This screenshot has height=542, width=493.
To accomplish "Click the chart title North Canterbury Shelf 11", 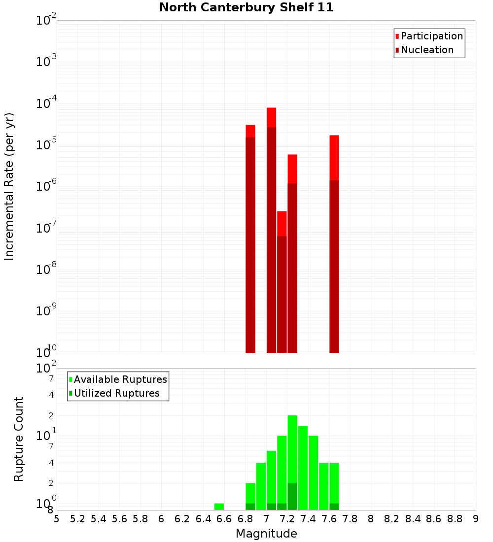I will coord(246,8).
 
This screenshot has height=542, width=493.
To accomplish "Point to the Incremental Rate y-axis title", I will coord(9,186).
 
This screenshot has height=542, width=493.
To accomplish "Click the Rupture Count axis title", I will coord(19,439).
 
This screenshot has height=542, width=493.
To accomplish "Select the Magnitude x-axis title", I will coord(266,534).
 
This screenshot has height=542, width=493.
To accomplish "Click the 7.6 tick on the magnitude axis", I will coord(329,519).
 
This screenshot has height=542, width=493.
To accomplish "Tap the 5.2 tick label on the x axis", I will coord(78,519).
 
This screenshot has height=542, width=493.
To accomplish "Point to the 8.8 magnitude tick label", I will coord(455,519).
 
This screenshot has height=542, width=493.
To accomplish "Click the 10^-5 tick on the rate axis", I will coord(47,145).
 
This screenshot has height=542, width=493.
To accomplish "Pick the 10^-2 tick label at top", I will coord(47,21).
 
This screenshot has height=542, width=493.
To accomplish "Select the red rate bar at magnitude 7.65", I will coord(334,246).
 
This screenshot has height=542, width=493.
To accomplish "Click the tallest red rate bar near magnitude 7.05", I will coord(271,232).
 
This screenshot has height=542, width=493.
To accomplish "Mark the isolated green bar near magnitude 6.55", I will coord(219,507).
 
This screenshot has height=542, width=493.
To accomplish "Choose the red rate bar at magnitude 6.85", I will coord(250,241).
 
